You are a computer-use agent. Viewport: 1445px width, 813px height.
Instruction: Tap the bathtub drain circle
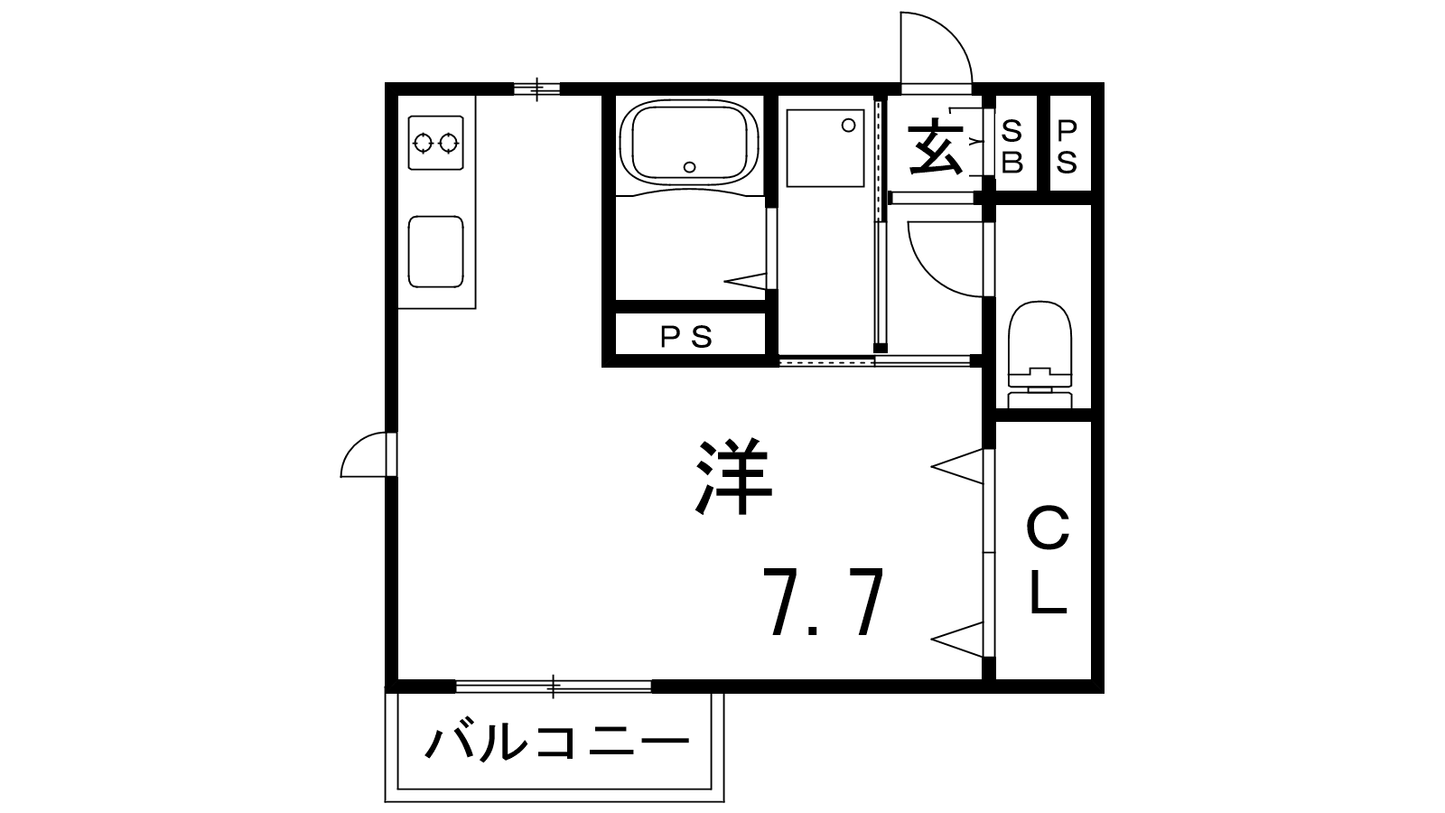pos(690,167)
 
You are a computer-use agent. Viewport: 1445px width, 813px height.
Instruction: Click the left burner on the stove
pos(424,143)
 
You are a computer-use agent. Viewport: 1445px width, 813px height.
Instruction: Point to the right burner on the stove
pos(448,143)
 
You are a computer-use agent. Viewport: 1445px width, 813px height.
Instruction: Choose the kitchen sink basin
pos(436,252)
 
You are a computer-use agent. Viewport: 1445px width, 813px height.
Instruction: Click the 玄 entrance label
pos(936,150)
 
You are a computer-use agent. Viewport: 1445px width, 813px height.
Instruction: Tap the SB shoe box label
pos(1012,147)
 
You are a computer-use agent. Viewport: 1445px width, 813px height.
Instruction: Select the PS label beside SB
pos(1067,147)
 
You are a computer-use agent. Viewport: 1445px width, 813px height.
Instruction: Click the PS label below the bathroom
pos(685,337)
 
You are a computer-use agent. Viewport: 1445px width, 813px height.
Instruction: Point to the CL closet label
pos(1048,560)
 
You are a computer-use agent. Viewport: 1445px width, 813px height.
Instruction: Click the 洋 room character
pos(734,478)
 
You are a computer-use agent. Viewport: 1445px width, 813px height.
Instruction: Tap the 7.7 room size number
pos(823,602)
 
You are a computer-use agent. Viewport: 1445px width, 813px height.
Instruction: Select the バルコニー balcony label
pos(556,742)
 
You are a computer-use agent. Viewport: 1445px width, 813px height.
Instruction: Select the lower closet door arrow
pos(957,640)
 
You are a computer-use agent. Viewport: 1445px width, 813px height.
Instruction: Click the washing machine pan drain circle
pos(849,126)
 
